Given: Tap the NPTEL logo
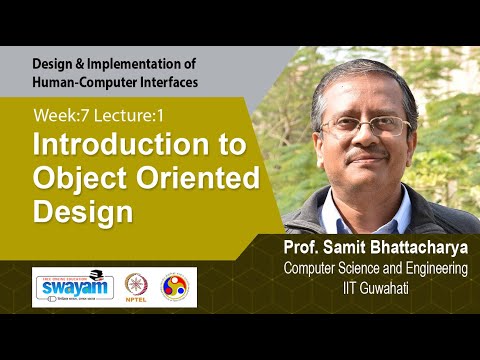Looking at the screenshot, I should (138, 286).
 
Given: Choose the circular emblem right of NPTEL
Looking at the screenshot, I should (177, 286).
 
